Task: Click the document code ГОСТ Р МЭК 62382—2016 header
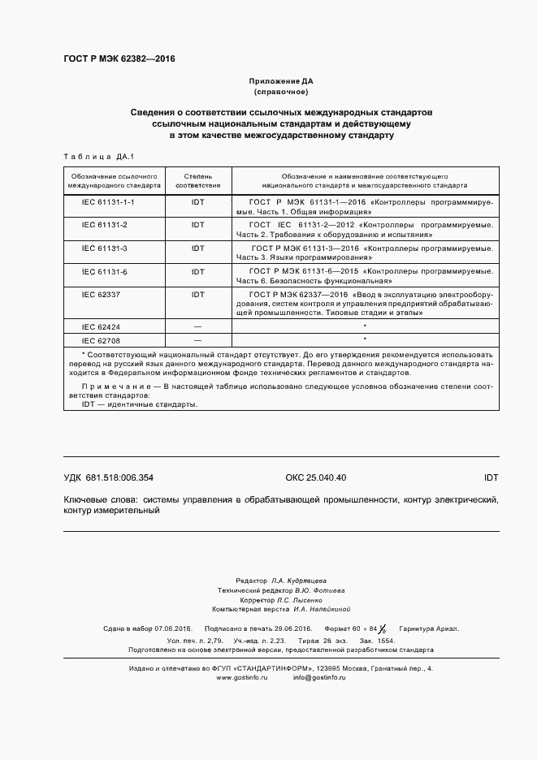pyautogui.click(x=119, y=59)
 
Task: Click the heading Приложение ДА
pyautogui.click(x=280, y=82)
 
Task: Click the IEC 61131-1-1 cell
pyautogui.click(x=108, y=201)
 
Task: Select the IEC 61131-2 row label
pyautogui.click(x=106, y=223)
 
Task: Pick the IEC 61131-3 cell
pyautogui.click(x=106, y=247)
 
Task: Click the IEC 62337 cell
pyautogui.click(x=100, y=294)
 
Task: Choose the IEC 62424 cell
pyautogui.click(x=100, y=326)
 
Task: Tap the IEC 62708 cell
pyautogui.click(x=100, y=339)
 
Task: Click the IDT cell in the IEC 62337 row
pyautogui.click(x=197, y=294)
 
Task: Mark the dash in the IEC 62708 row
pyautogui.click(x=197, y=339)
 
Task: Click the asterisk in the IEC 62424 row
pyautogui.click(x=365, y=326)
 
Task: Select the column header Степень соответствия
pyautogui.click(x=197, y=180)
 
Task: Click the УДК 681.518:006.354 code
pyautogui.click(x=108, y=477)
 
